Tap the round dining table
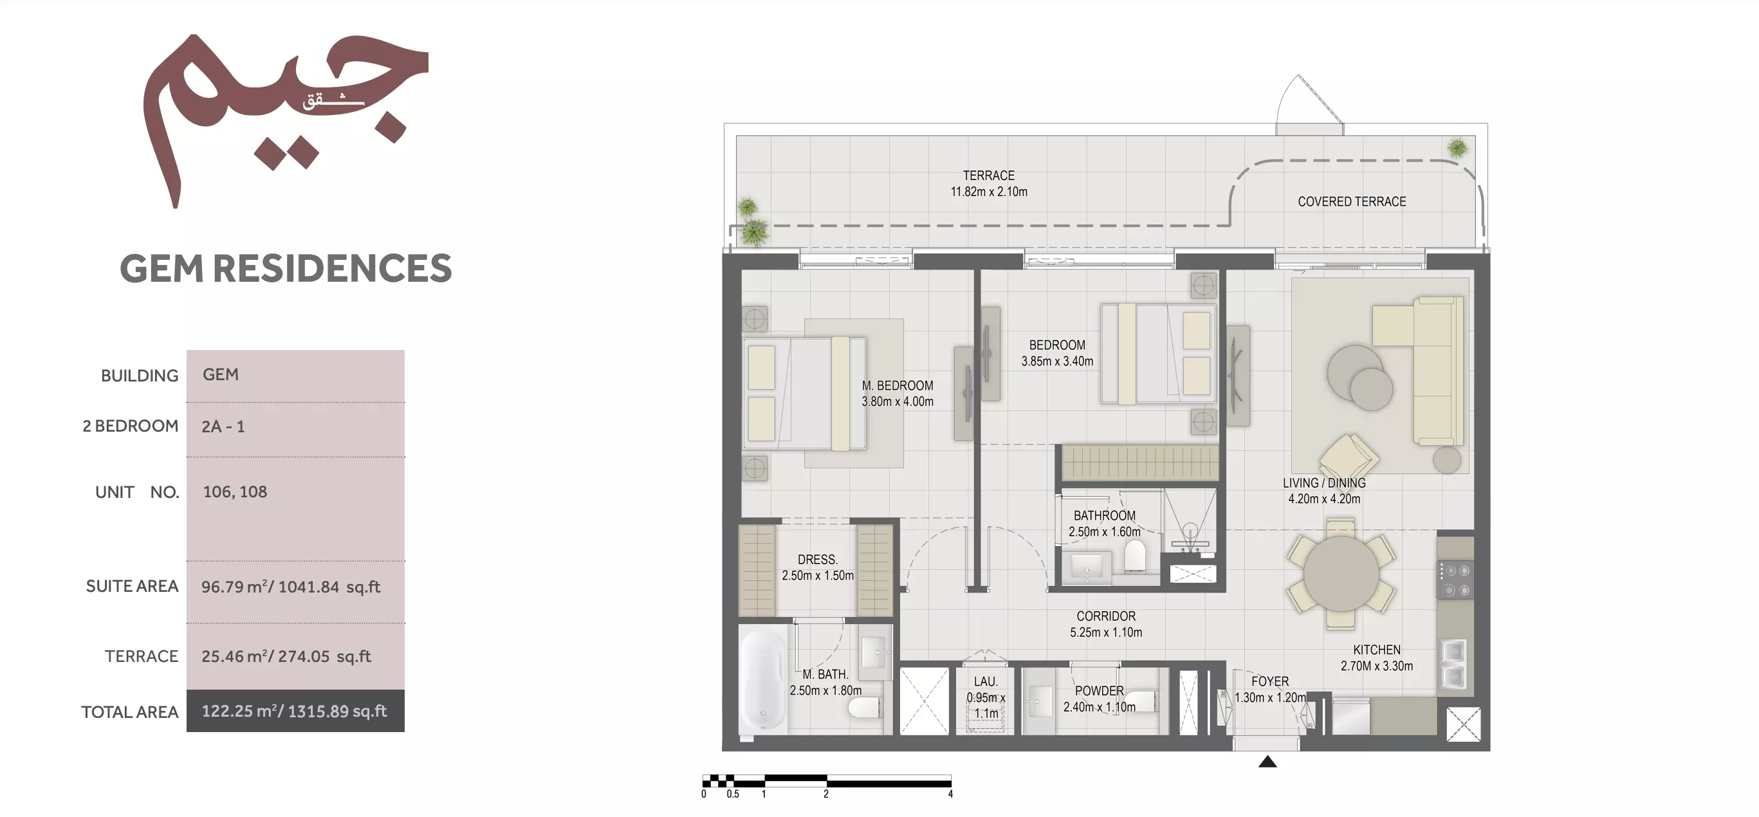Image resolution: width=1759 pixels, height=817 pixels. coord(1341,573)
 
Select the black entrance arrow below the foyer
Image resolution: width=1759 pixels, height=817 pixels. coord(1267,761)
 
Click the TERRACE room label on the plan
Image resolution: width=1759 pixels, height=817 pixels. coord(989,176)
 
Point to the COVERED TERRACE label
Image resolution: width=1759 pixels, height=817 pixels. coord(1351,201)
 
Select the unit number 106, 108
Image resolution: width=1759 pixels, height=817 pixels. coord(235,491)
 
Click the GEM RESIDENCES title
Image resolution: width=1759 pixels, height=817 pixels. coord(286,268)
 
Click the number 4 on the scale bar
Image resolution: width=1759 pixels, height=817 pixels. coord(950,794)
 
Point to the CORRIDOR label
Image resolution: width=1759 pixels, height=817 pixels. coord(1106,616)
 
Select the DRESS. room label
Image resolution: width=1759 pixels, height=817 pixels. coord(817,559)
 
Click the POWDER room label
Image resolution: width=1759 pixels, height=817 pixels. coord(1100,691)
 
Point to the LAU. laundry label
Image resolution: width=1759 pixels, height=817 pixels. coord(986,681)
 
